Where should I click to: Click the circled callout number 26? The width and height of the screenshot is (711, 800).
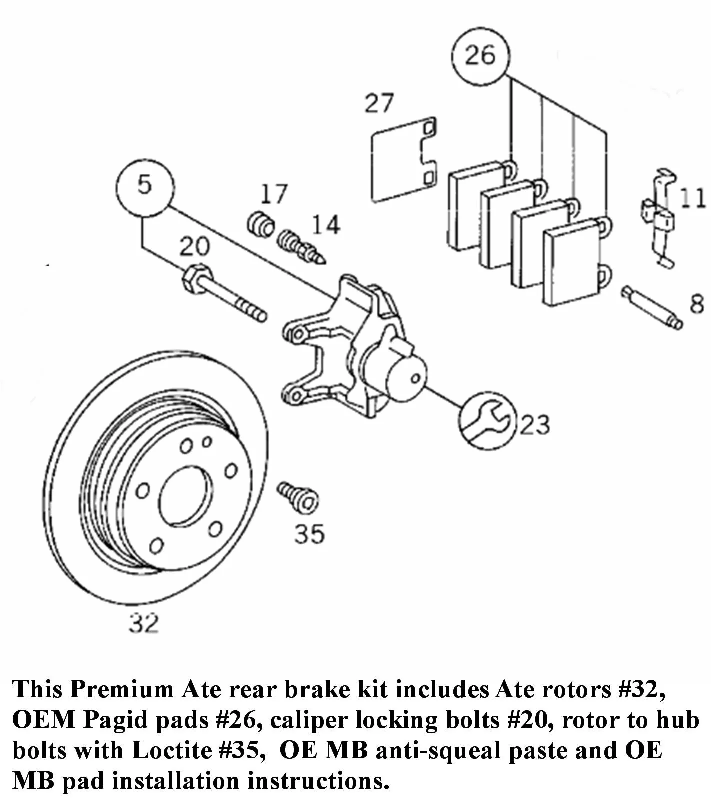click(480, 55)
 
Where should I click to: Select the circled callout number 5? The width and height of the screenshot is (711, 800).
click(145, 186)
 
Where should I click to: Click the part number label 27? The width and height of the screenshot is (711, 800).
click(379, 103)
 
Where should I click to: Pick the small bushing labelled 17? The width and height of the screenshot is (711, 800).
click(260, 224)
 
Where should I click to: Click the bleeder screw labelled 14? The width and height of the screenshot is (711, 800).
click(300, 246)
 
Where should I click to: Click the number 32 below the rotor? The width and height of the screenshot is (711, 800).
click(143, 623)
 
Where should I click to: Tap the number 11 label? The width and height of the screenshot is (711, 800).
click(692, 199)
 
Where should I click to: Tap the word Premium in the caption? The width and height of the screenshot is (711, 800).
click(122, 689)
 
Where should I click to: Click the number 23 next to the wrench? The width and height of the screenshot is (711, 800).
click(534, 425)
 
